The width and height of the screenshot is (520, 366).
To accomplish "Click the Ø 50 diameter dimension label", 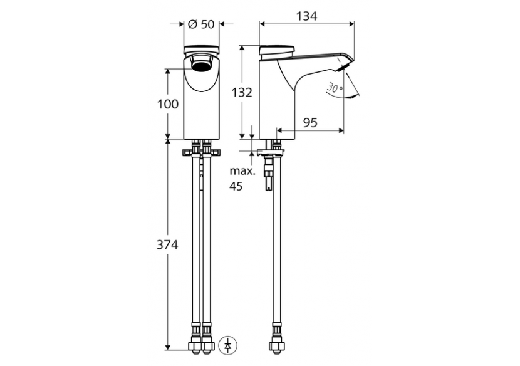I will tap(201, 24).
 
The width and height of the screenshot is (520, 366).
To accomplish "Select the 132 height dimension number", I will tap(241, 93).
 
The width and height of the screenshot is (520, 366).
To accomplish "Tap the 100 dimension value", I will tap(167, 104).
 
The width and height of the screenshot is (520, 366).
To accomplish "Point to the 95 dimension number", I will tap(309, 123).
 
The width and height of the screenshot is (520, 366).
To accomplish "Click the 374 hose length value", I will tap(167, 245).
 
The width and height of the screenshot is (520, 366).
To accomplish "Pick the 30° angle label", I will tap(335, 88).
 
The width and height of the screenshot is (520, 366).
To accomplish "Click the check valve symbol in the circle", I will tap(229, 344).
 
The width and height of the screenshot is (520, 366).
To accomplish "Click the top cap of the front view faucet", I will tap(201, 50).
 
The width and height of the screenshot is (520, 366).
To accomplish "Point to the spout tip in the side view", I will tap(346, 63).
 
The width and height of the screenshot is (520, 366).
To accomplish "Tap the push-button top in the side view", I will tap(276, 49).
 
